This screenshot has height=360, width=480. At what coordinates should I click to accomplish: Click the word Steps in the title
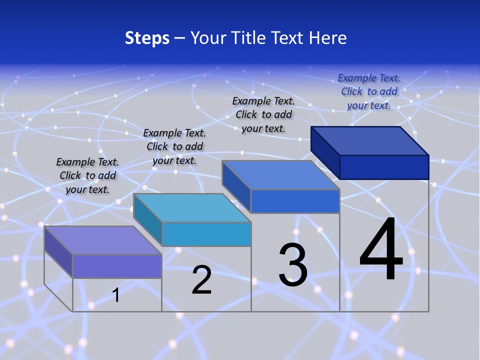147,38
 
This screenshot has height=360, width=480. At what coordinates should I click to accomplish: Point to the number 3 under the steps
293,265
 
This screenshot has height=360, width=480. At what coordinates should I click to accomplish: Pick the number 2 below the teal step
202,280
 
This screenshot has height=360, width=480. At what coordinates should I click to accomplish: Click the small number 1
116,295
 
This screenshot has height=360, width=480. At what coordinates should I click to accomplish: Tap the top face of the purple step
102,240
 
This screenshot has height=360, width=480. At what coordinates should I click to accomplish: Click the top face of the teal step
192,207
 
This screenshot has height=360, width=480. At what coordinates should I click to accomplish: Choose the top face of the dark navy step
370,140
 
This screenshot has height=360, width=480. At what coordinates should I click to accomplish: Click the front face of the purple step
117,266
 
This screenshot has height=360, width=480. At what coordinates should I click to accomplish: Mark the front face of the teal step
206,234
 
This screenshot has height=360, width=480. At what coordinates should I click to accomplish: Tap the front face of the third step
295,201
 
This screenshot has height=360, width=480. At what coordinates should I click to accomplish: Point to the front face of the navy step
384,167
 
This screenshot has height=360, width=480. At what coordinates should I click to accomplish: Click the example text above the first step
88,175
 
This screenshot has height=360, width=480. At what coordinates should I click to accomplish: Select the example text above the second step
174,146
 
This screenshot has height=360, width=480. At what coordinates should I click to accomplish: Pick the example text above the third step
263,114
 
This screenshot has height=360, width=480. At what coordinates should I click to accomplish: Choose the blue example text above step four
369,91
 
